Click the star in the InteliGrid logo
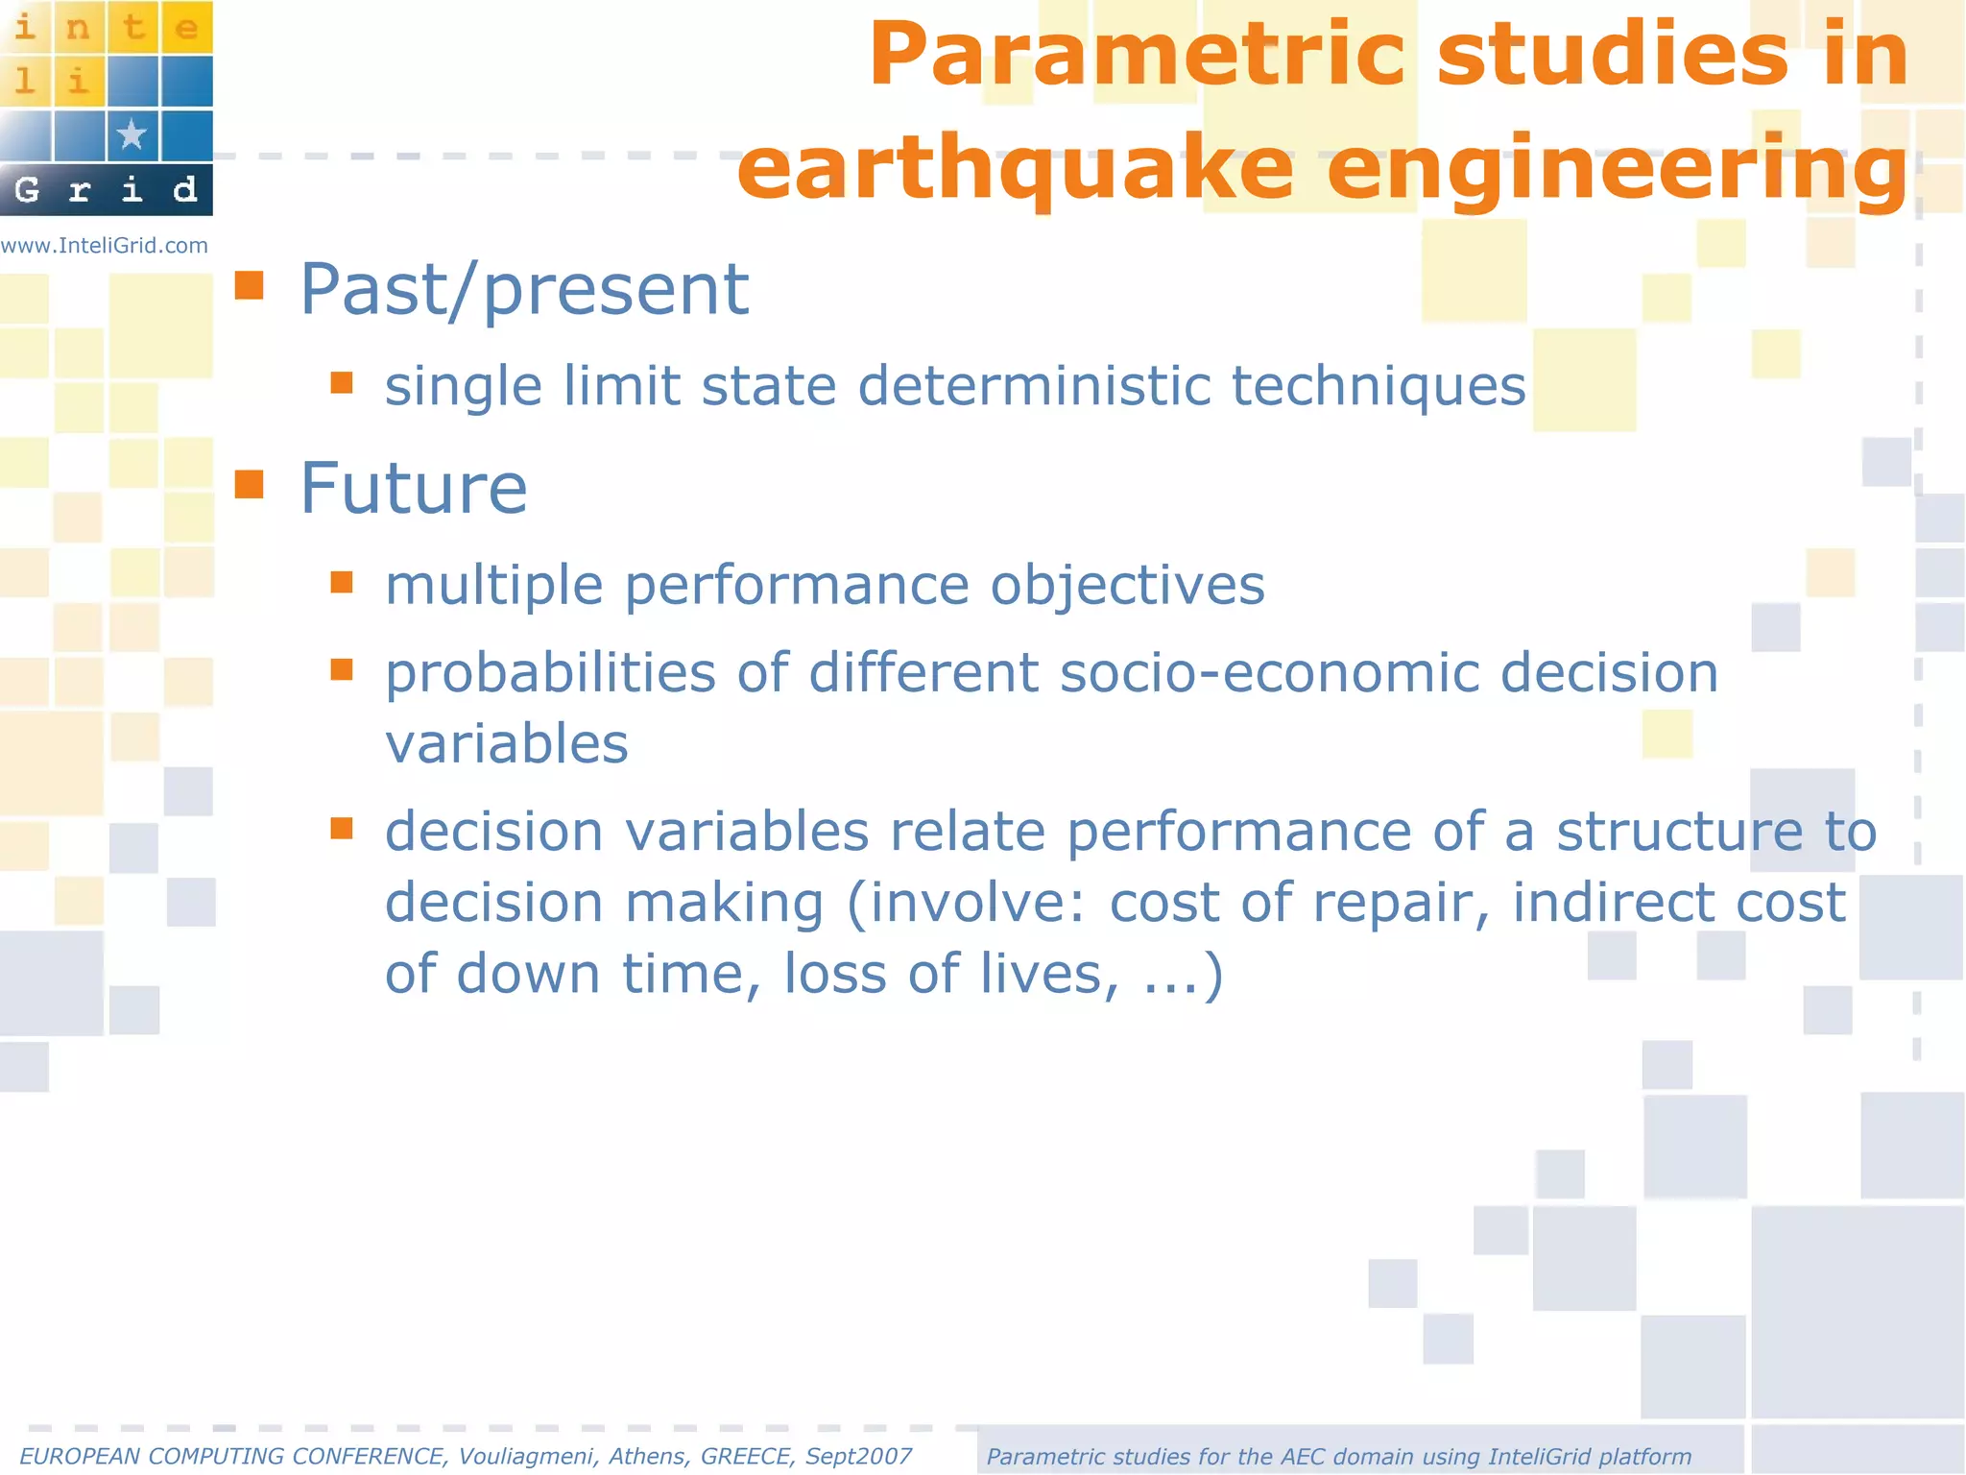[x=132, y=135]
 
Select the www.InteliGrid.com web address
[x=105, y=246]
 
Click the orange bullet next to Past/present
[x=250, y=285]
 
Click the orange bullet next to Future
[x=250, y=484]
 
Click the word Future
[x=414, y=489]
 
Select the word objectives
[x=1127, y=586]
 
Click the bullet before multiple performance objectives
[x=342, y=583]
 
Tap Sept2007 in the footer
[x=858, y=1457]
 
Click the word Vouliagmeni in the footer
[x=526, y=1457]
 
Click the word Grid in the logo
[x=106, y=190]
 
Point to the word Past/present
[x=524, y=289]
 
